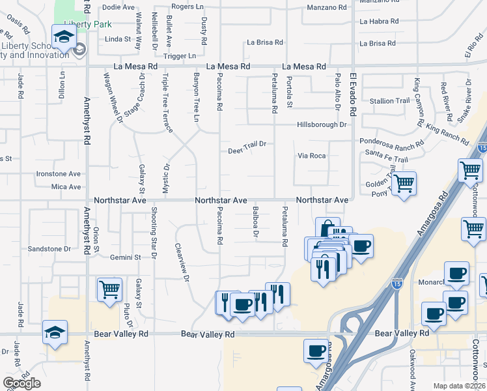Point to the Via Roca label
[311, 156]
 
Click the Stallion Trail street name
[389, 101]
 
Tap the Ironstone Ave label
[58, 174]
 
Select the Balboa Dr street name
[256, 224]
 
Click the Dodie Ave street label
[118, 7]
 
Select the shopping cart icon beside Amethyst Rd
[109, 289]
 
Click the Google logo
[21, 383]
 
